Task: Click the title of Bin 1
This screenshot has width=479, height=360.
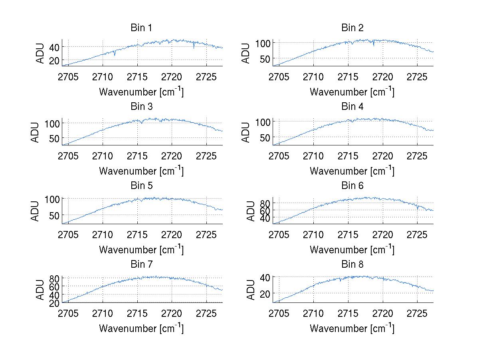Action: [141, 28]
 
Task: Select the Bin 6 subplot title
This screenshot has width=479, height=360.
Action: [352, 186]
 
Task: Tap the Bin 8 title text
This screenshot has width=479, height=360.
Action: [352, 265]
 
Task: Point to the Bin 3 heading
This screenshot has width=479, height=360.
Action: [141, 107]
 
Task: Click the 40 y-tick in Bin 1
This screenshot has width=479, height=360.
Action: [54, 47]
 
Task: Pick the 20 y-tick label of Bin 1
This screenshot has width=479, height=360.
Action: [54, 60]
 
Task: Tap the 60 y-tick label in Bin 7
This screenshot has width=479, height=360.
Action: [54, 286]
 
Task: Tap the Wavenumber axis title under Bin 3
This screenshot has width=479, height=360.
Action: [141, 171]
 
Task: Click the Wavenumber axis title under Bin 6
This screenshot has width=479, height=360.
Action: [352, 249]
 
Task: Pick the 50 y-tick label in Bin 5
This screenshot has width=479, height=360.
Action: [54, 215]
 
